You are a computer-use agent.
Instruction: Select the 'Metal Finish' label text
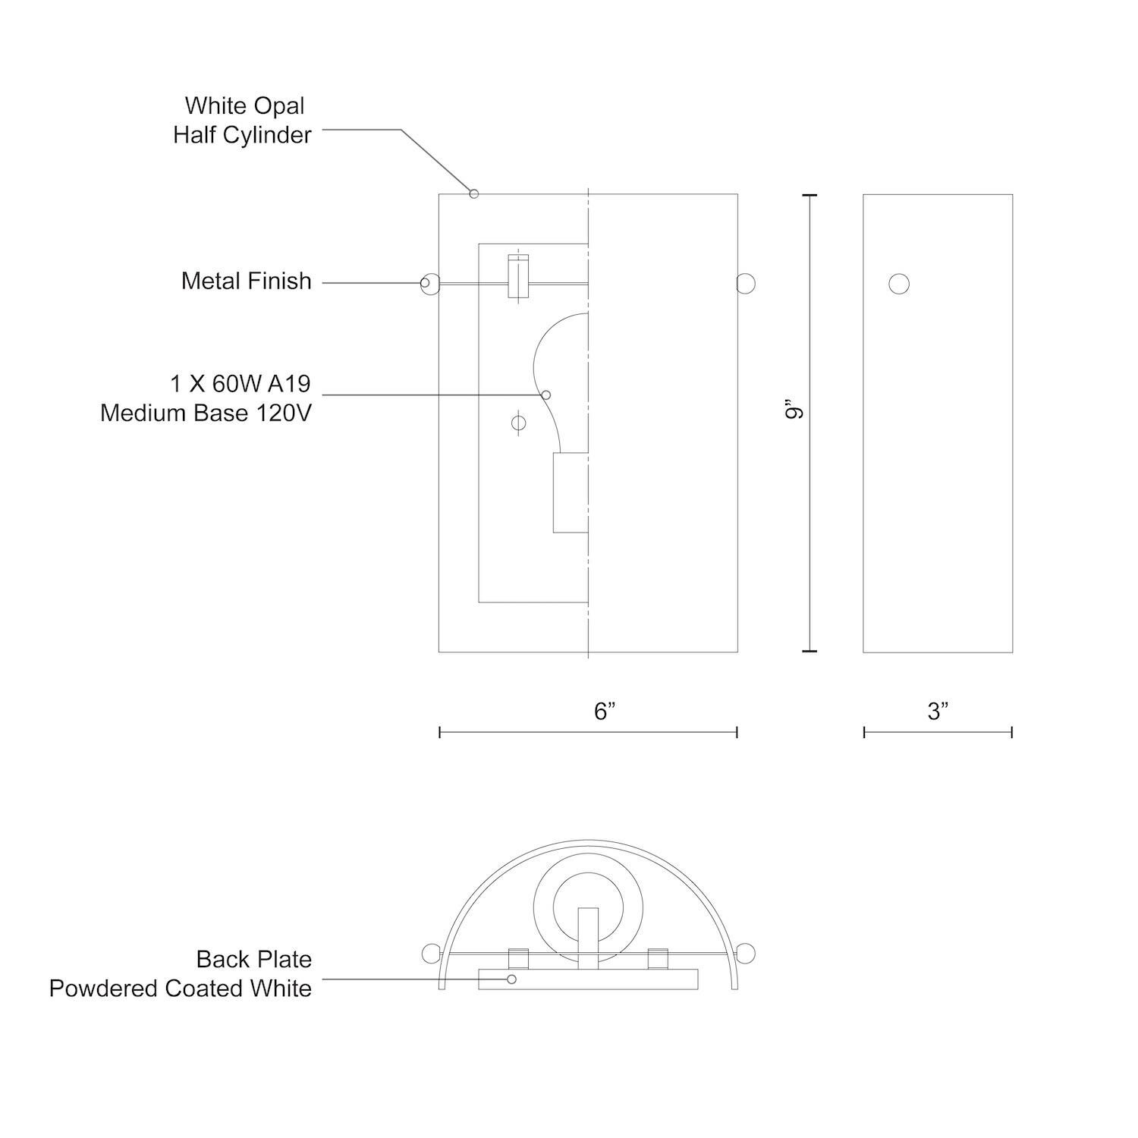point(246,281)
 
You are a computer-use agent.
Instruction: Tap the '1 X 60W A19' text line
point(240,384)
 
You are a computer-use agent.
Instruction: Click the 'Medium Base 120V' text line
point(206,413)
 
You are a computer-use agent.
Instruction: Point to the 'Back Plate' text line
point(253,959)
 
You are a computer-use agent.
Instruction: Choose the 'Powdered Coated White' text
point(181,989)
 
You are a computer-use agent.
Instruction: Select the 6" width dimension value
point(604,712)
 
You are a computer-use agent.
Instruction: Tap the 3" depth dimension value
point(938,712)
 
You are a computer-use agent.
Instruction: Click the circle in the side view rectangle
point(899,284)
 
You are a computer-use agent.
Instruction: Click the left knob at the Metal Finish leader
point(430,283)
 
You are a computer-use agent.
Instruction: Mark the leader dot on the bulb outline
point(545,395)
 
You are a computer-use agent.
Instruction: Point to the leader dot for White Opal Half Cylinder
point(474,193)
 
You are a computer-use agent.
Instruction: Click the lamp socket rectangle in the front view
point(571,493)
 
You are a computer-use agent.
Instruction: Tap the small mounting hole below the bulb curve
point(518,423)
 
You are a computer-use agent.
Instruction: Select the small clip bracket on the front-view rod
point(518,277)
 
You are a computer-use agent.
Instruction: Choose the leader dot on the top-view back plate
point(511,979)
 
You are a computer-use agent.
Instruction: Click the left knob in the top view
point(430,952)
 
